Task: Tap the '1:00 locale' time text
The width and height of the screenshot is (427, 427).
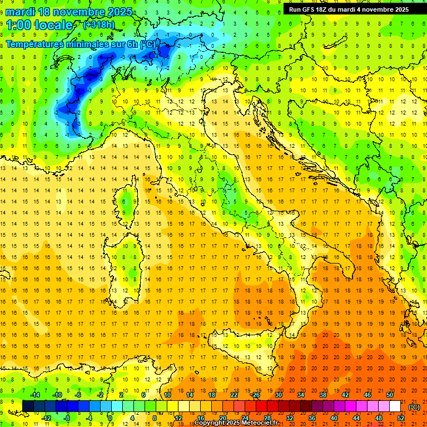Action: pos(39,25)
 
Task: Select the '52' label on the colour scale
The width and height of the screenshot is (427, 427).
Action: pos(401,418)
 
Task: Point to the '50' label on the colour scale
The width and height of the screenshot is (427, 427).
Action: pos(389,395)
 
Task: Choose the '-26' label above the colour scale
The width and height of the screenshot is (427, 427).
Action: pos(255,395)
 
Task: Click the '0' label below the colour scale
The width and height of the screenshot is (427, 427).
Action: pos(110,418)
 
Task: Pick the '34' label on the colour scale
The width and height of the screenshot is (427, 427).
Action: pos(300,395)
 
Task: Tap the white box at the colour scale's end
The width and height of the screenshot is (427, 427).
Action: pos(395,406)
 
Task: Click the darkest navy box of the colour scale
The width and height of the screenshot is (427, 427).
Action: pos(28,406)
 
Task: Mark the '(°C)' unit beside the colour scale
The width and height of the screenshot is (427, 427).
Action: pos(414,407)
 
